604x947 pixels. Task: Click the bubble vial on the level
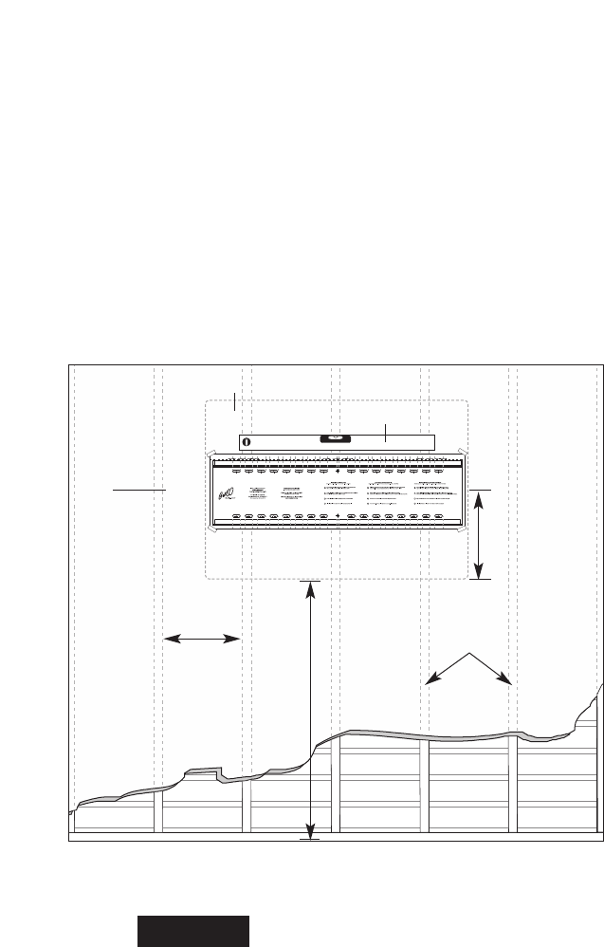tap(337, 439)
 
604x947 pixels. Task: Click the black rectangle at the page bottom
tap(194, 932)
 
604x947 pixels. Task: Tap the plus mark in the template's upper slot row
tap(337, 469)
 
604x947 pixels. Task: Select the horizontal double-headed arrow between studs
tap(202, 640)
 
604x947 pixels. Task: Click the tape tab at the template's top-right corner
tap(462, 454)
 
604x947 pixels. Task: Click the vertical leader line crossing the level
tap(385, 432)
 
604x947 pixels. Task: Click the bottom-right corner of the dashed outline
tap(468, 578)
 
